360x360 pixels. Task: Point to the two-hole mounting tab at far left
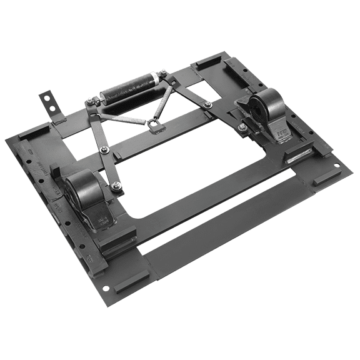coord(48,102)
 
